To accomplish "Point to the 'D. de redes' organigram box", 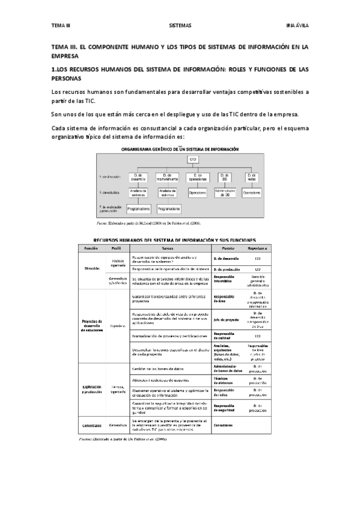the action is (252, 177).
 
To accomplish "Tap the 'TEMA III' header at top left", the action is (61, 25).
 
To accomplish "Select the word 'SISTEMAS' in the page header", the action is (180, 25).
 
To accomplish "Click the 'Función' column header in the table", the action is (91, 248).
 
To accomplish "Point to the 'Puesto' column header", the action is (224, 248).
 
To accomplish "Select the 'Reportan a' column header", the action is (258, 248).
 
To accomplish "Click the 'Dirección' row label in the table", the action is (91, 268).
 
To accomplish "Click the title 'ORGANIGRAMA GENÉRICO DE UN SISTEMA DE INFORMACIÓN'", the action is (180, 149).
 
